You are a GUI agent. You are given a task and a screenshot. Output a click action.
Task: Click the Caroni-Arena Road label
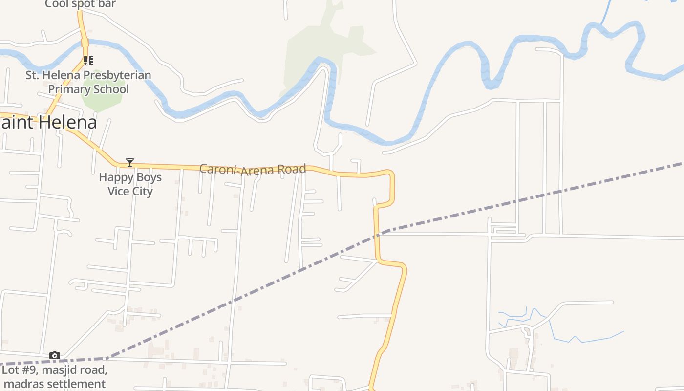coord(253,170)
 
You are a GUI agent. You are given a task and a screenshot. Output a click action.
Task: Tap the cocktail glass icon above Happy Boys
coord(130,163)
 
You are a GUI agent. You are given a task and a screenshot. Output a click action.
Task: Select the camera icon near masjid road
coord(55,355)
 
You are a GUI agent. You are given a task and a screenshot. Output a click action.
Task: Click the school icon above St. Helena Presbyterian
coord(88,61)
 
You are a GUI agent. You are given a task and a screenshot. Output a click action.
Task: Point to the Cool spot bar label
coord(81,4)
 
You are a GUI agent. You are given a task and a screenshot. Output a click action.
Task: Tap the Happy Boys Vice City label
coord(130,184)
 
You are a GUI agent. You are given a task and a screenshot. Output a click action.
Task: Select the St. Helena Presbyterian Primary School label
coord(88,82)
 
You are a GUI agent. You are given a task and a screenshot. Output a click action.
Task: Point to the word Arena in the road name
coord(256,170)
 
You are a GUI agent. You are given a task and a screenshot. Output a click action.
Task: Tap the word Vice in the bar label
coord(118,191)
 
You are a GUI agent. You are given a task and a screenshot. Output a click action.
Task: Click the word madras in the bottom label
coord(21,384)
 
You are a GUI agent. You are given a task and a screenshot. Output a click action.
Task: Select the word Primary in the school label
coord(68,89)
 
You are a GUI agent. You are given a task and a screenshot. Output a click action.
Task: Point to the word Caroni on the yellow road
coord(218,169)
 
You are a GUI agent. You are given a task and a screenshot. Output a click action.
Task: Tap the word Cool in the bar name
coord(56,4)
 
